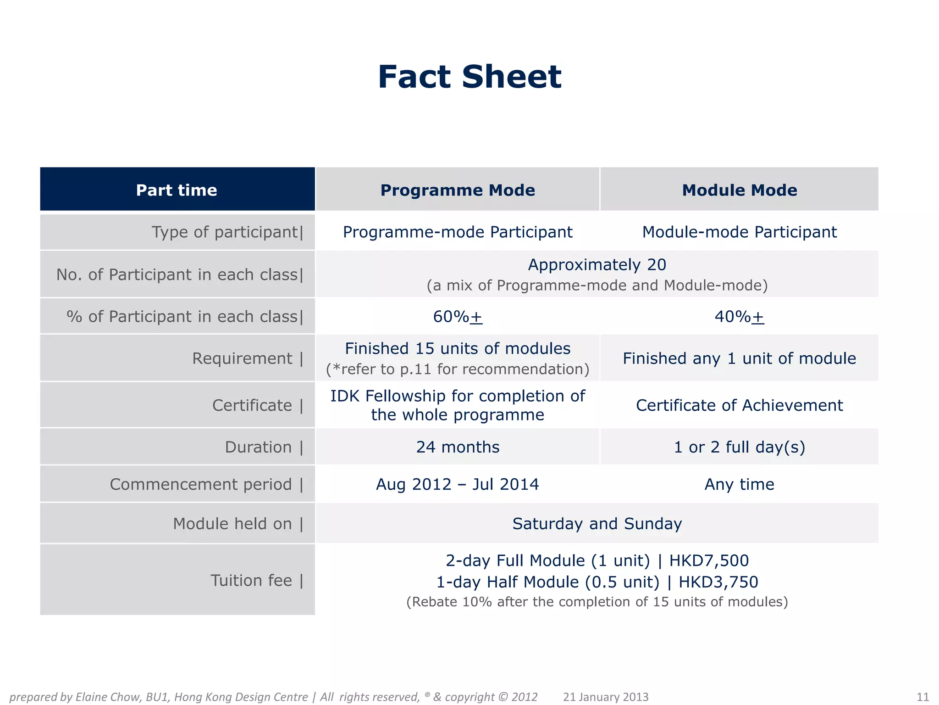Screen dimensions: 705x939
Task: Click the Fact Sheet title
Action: click(x=469, y=77)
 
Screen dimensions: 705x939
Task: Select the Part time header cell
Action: click(x=177, y=190)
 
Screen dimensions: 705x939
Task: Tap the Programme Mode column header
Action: click(x=458, y=190)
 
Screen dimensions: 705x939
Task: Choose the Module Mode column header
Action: click(x=739, y=190)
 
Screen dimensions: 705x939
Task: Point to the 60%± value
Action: click(x=458, y=317)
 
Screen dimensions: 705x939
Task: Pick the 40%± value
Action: click(x=739, y=317)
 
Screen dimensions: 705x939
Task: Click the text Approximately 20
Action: click(x=597, y=265)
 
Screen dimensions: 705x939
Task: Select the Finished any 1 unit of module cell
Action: click(x=739, y=358)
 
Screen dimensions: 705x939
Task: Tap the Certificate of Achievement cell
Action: click(x=739, y=405)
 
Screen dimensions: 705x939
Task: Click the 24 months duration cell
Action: click(x=458, y=447)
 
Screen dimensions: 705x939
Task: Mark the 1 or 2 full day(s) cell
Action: click(x=739, y=447)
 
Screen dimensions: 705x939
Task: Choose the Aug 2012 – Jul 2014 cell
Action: click(x=458, y=485)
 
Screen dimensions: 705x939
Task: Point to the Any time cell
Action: click(x=739, y=485)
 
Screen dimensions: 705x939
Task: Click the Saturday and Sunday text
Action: click(x=597, y=524)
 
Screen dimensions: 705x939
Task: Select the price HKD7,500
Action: click(x=709, y=561)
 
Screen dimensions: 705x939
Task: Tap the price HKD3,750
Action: click(x=718, y=582)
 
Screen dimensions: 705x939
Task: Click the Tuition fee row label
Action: click(x=256, y=581)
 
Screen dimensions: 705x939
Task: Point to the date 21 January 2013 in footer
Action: click(x=606, y=697)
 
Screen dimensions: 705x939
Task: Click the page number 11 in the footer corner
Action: click(x=922, y=697)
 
